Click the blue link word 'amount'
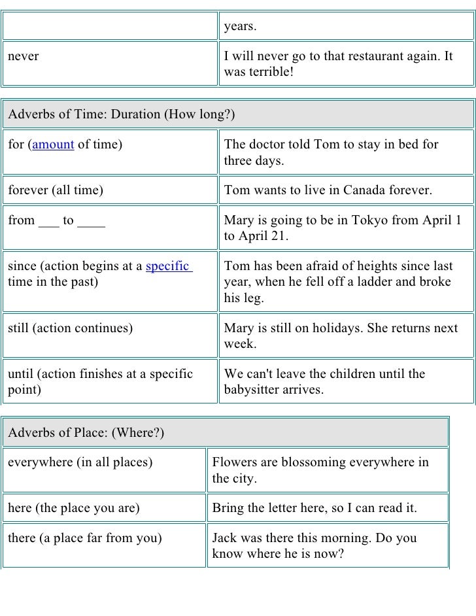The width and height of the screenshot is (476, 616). click(53, 145)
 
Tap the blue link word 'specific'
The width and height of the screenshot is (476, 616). click(168, 267)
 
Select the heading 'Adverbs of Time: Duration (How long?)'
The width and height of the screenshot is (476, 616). click(121, 114)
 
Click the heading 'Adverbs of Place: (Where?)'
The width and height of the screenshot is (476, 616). click(86, 433)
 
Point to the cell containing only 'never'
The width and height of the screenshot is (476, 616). click(23, 56)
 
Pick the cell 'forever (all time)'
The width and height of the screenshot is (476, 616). click(56, 191)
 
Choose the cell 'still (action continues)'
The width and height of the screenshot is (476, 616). click(70, 328)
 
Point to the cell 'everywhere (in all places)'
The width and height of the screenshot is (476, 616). click(80, 463)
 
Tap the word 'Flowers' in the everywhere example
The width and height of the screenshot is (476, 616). click(234, 463)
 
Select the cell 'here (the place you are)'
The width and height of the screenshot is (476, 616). click(73, 508)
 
